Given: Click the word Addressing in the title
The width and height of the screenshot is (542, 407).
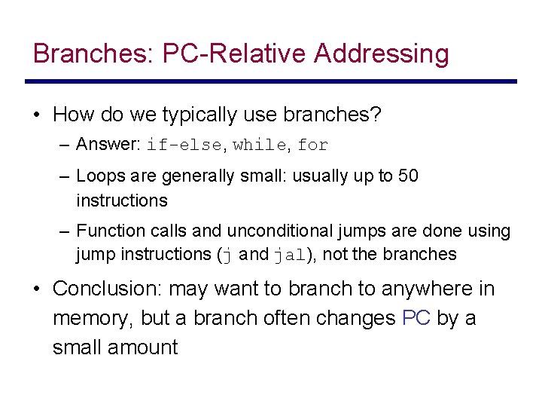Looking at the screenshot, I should point(382,54).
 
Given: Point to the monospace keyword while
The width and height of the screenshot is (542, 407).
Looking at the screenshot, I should point(260,145).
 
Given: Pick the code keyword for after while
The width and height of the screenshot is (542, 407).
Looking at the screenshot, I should point(313,145).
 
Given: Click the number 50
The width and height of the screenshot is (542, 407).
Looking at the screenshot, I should point(408,176).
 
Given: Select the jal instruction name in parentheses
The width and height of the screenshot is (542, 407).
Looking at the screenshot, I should point(288,255).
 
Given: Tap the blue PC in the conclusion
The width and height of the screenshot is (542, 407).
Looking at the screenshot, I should point(416,318).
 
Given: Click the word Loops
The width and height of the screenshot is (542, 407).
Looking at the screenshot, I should point(98,176).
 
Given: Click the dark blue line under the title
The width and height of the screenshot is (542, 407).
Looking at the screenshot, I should point(271,81).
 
